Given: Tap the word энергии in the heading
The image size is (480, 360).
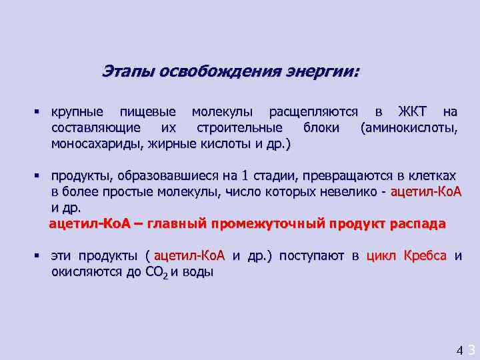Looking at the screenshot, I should click(x=322, y=71).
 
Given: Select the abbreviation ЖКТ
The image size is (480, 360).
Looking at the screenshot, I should click(x=413, y=111).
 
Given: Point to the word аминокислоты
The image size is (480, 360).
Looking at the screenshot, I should click(x=409, y=127).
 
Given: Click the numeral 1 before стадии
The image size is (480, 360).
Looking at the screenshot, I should click(x=245, y=176).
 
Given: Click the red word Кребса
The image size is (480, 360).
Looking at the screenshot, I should click(x=425, y=257).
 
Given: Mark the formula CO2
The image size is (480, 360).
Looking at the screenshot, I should click(x=157, y=273).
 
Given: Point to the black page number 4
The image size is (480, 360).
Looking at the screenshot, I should click(x=459, y=349).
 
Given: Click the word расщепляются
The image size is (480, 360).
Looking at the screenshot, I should click(x=313, y=111).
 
